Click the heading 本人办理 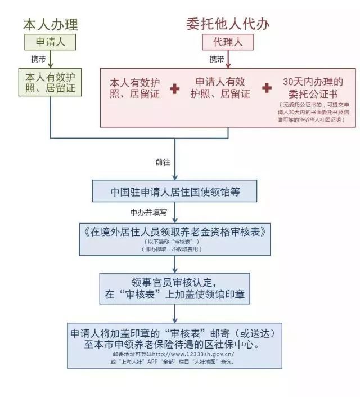[51, 24]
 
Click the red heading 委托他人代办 [228, 24]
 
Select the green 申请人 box [51, 42]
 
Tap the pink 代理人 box [228, 42]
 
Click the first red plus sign [175, 88]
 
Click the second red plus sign [267, 88]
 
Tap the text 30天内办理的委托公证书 [313, 87]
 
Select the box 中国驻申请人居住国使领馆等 [175, 191]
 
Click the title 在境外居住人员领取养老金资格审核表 [175, 231]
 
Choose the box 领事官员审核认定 [175, 288]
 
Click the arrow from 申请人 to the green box [51, 59]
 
